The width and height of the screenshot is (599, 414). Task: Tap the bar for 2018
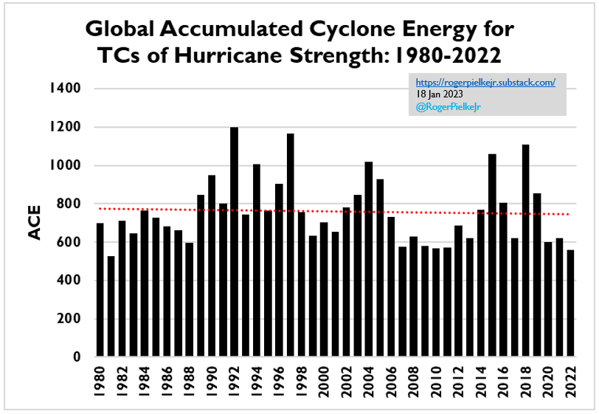525,250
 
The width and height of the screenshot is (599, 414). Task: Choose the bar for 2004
368,259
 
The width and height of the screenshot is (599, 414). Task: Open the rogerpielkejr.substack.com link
485,83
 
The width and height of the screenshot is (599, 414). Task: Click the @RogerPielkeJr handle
445,106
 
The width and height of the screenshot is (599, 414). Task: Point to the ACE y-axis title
35,222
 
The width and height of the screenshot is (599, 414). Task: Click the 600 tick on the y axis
69,242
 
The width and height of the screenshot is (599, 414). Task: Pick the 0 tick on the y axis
76,357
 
